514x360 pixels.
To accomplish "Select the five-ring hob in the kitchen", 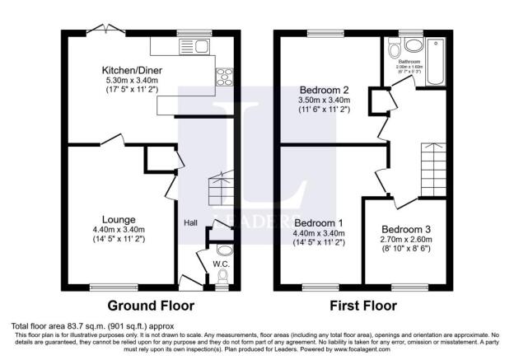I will (x=223, y=78).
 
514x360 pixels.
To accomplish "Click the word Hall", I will (x=190, y=222).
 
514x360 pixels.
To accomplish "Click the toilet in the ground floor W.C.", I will (x=222, y=250).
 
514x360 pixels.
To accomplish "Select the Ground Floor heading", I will (x=151, y=306).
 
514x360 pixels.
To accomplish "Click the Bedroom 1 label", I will (x=320, y=222).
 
